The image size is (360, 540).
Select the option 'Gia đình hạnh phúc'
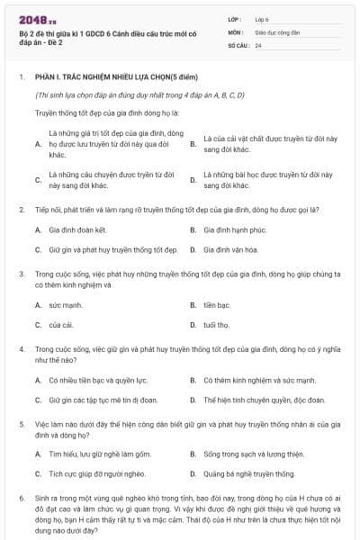tap(235, 229)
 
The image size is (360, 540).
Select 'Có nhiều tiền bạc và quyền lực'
tap(98, 381)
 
